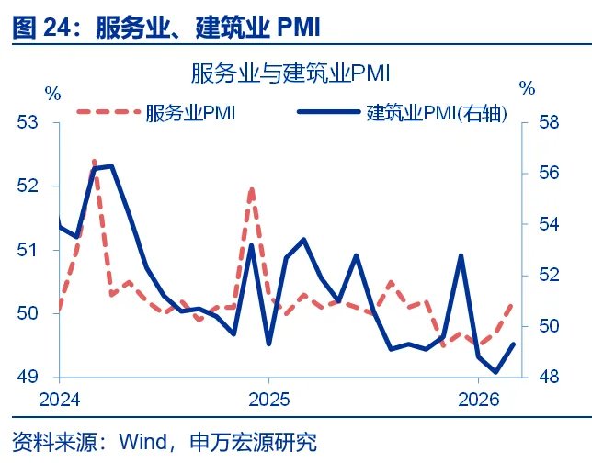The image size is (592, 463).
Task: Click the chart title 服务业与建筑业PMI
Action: tap(291, 73)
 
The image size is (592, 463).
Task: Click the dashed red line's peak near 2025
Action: tap(252, 188)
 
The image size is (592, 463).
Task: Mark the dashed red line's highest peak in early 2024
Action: tap(94, 161)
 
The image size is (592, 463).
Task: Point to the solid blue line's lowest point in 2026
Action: tap(496, 372)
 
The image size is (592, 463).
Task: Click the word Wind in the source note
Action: tap(140, 443)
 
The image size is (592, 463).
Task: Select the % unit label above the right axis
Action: tap(527, 89)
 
